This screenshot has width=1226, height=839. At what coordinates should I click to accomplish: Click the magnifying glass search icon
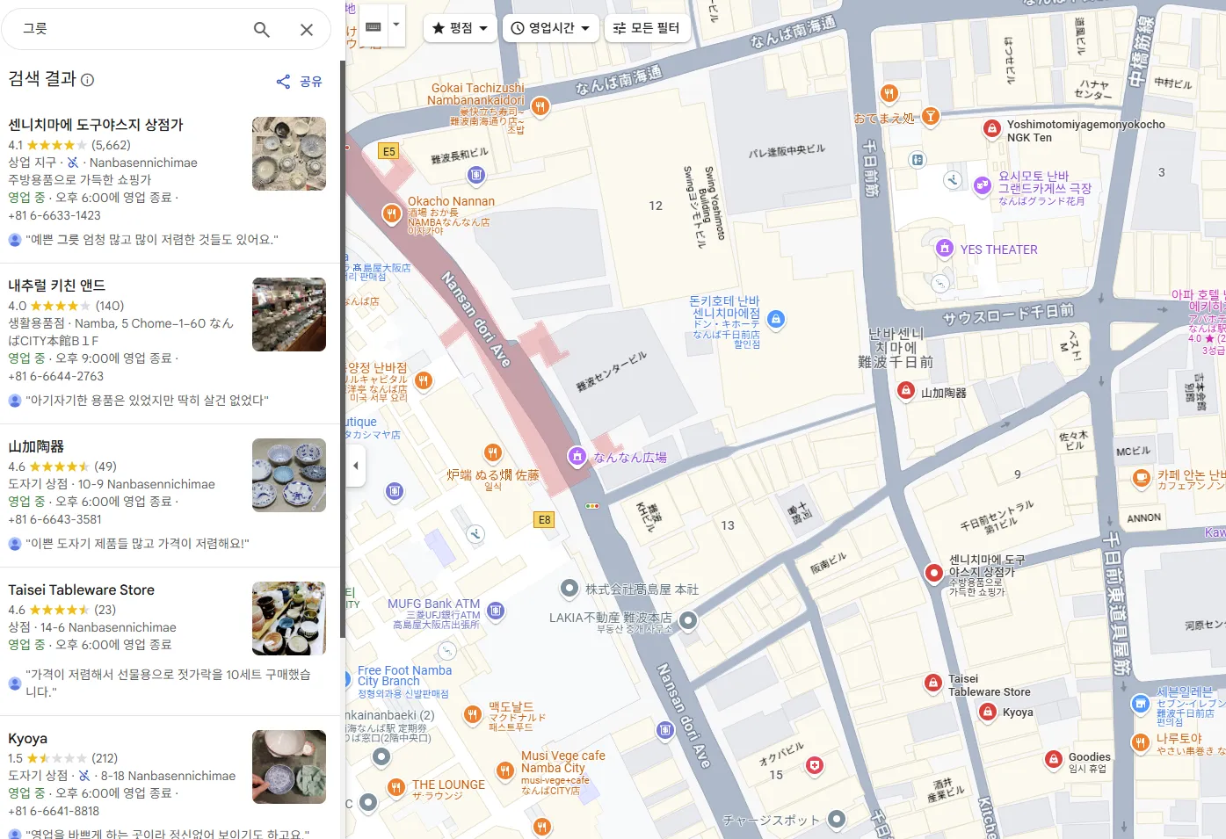click(x=261, y=30)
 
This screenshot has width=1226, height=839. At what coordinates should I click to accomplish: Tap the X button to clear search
click(x=307, y=30)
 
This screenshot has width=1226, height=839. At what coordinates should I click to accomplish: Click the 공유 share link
click(x=300, y=82)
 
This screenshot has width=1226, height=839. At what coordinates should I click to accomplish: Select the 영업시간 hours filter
click(x=551, y=28)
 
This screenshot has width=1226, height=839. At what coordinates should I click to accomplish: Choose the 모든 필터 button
click(x=647, y=28)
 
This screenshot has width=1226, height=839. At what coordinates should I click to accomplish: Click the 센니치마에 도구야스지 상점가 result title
click(x=96, y=125)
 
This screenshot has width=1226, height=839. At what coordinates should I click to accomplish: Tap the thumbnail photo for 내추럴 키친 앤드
click(x=289, y=315)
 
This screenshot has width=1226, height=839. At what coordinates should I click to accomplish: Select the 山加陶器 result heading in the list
click(x=36, y=446)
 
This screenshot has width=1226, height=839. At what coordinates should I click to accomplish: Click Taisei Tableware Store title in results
click(x=82, y=590)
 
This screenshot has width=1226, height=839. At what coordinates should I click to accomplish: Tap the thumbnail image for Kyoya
click(x=289, y=767)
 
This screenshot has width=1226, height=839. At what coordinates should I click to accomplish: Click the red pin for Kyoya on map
click(x=988, y=712)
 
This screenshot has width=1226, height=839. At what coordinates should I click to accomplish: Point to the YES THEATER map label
click(x=998, y=250)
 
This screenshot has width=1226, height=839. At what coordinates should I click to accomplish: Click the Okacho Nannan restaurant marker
click(x=392, y=213)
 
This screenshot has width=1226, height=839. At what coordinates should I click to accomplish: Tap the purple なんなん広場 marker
click(x=577, y=456)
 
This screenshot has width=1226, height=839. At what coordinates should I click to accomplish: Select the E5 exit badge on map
click(x=388, y=151)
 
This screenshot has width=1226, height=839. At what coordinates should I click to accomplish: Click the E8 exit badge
click(x=545, y=520)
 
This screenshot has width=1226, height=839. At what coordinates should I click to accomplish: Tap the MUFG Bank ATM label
click(x=434, y=604)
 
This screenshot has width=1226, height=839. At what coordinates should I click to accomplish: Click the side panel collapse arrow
click(x=355, y=466)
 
